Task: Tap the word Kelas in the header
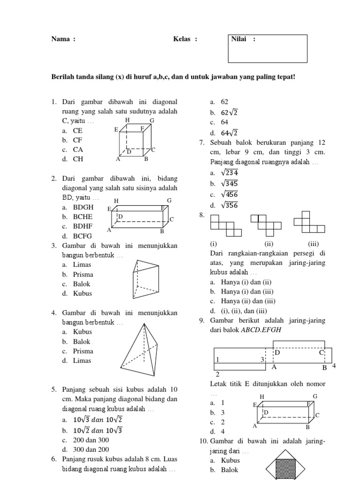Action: pos(182,39)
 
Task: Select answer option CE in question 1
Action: pos(77,131)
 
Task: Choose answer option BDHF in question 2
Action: pos(82,226)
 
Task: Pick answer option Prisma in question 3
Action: pos(83,274)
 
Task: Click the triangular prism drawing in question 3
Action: pos(146,279)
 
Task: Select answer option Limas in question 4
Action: pos(82,360)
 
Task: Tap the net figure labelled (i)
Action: pos(226,225)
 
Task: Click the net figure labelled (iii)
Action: pos(309,222)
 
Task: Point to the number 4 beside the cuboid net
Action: pos(334,366)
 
